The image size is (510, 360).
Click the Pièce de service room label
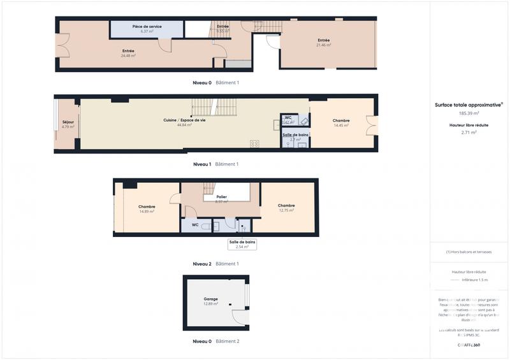[147, 27]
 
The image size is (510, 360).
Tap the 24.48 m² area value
[129, 55]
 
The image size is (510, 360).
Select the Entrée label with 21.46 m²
[324, 40]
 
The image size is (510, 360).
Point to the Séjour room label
[68, 122]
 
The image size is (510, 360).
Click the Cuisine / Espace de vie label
[184, 120]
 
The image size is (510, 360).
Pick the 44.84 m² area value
[184, 125]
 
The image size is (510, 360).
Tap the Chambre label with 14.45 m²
[341, 120]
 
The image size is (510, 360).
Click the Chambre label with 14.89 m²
[147, 206]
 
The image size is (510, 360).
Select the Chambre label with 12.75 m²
[286, 205]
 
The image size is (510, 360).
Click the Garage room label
[210, 299]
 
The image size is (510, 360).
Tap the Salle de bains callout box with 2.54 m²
[242, 244]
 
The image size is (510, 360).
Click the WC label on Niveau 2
[194, 224]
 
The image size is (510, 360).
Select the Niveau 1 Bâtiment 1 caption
[215, 164]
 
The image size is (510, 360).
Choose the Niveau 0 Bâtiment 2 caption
[215, 342]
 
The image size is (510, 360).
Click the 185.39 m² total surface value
[469, 113]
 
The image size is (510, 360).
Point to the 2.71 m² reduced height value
[469, 133]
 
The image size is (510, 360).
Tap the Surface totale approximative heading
[469, 104]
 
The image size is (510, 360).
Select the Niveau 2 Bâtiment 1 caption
[215, 264]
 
